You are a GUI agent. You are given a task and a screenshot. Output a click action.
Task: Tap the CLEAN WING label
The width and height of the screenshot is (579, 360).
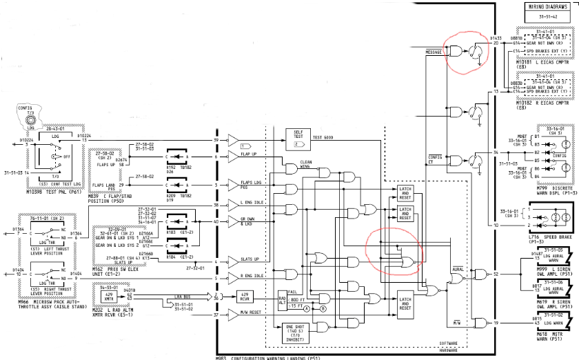click(307, 166)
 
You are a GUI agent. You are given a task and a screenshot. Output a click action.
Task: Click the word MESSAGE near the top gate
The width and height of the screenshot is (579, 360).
click(434, 52)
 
